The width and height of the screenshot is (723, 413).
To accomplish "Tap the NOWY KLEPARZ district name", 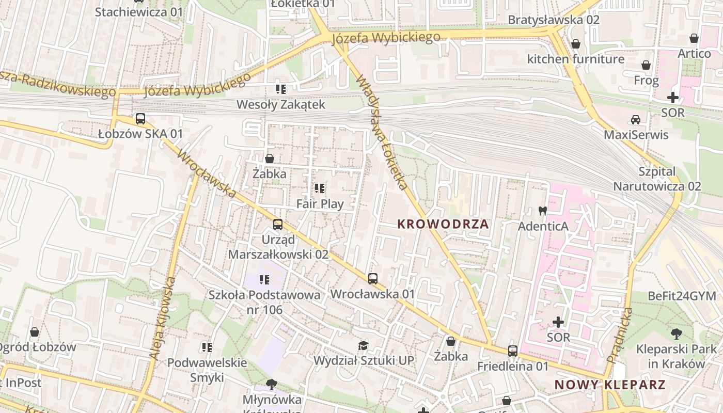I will pyautogui.click(x=610, y=385).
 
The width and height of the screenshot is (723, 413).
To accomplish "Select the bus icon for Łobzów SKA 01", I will pyautogui.click(x=140, y=119).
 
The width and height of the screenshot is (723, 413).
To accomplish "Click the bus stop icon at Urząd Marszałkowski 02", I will pyautogui.click(x=278, y=225).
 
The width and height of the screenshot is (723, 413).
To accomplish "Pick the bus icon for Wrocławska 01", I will pyautogui.click(x=373, y=279).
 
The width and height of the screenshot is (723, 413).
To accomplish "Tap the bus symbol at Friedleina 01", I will pyautogui.click(x=513, y=351).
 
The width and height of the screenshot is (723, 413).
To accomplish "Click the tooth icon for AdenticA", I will pyautogui.click(x=542, y=211).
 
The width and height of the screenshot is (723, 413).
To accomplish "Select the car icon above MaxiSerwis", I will pyautogui.click(x=636, y=120).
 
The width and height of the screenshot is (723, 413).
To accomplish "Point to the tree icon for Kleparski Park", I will pyautogui.click(x=676, y=334).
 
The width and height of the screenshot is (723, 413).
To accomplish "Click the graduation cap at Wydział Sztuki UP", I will pyautogui.click(x=364, y=345).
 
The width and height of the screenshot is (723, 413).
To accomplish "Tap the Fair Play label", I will pyautogui.click(x=320, y=204).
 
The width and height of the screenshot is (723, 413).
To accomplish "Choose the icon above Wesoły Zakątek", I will pyautogui.click(x=280, y=89).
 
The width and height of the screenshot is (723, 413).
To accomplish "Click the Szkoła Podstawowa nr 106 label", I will pyautogui.click(x=264, y=302).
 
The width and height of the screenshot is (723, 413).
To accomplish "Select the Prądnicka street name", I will pyautogui.click(x=619, y=335).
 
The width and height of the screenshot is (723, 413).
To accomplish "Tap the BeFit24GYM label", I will pyautogui.click(x=682, y=296).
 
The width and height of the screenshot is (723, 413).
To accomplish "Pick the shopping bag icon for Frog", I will pyautogui.click(x=646, y=65).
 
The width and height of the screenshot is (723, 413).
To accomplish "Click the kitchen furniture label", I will pyautogui.click(x=575, y=59).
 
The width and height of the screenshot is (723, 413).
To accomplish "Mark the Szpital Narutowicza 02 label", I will pyautogui.click(x=657, y=179).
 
